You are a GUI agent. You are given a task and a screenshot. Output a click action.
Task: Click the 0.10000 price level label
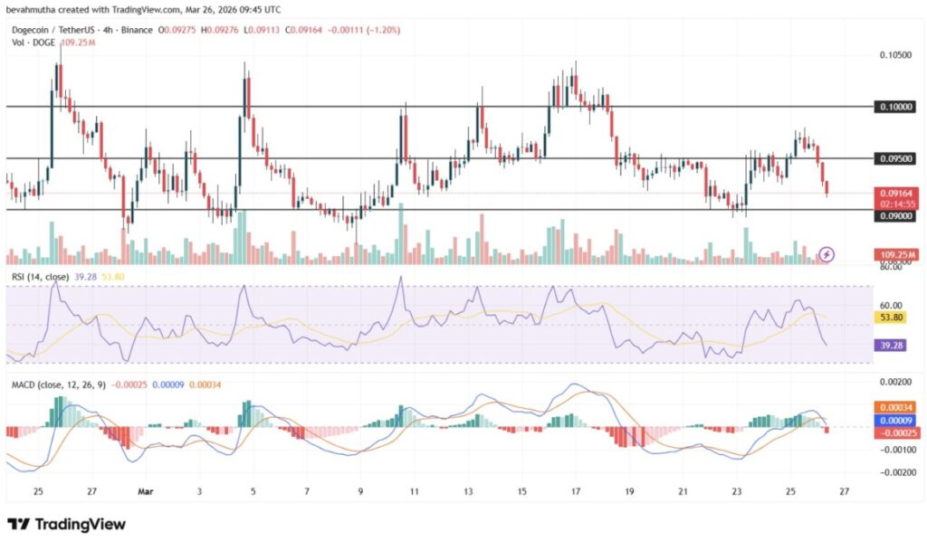pos(895,107)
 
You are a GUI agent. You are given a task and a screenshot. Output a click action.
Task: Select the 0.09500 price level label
pos(895,158)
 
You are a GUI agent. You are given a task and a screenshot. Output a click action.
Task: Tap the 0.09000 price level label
pos(895,216)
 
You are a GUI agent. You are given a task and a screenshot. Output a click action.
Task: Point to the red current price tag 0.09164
pos(895,193)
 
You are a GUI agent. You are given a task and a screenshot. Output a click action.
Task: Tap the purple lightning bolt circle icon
pos(826,254)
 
